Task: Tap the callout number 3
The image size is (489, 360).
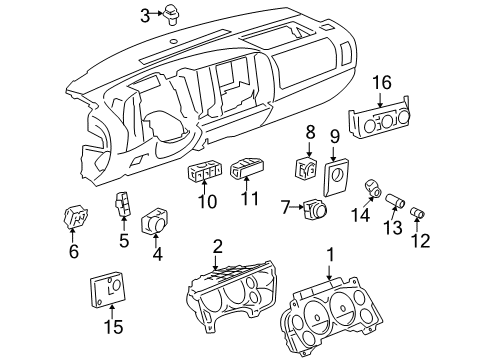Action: [x=144, y=14]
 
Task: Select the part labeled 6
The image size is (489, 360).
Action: [x=73, y=217]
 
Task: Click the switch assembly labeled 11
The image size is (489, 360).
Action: [x=246, y=171]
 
